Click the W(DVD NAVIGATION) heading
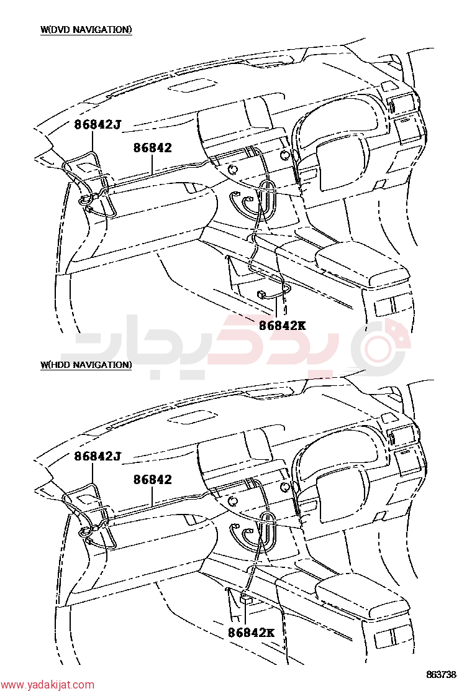coord(86,30)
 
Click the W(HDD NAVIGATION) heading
coord(86,365)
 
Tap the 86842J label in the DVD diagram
coord(98,124)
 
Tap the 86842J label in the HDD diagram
coord(98,456)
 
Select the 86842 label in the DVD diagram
coord(152,148)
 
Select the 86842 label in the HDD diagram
coord(152,480)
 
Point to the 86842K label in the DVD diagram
coord(282,326)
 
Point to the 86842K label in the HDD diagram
coord(251,633)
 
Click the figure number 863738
coord(441,675)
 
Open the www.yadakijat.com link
coord(47,685)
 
